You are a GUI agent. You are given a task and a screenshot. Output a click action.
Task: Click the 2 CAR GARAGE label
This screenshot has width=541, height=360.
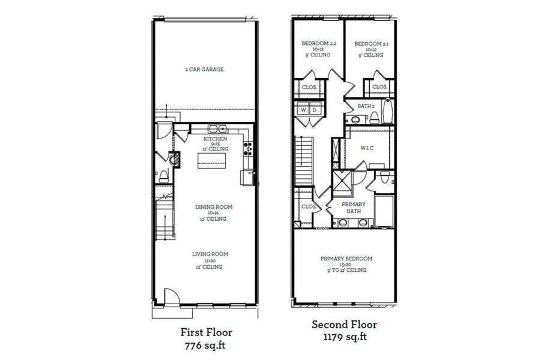(204, 70)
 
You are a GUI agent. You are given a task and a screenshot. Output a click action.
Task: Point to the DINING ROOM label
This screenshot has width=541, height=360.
(213, 207)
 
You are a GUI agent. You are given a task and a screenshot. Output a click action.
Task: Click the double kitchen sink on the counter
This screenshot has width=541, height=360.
(217, 128)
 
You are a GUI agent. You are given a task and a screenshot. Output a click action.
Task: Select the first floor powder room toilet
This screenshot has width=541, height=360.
(163, 175)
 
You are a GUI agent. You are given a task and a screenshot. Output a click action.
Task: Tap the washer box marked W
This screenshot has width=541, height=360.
(303, 110)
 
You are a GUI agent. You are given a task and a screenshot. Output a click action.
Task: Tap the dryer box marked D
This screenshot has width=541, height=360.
(314, 110)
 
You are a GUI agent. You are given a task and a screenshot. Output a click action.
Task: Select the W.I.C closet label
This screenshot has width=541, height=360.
(366, 148)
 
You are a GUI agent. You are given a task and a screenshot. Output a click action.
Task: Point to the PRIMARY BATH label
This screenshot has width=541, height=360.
(354, 208)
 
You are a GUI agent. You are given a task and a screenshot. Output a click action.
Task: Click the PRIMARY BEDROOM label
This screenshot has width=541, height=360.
(346, 259)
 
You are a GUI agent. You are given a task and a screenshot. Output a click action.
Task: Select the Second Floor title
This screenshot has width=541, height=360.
(344, 325)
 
